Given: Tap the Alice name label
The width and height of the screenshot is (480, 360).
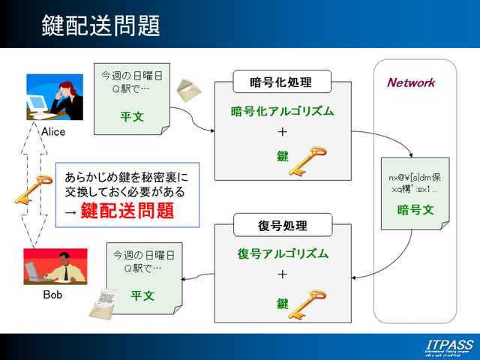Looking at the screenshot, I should [53, 132].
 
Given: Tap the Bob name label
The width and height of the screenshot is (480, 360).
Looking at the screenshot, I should [52, 295].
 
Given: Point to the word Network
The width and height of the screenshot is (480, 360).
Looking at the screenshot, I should [410, 82].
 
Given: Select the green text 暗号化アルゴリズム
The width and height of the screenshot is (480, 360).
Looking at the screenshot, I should [281, 110].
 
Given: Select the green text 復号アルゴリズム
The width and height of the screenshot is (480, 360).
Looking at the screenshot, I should [282, 253].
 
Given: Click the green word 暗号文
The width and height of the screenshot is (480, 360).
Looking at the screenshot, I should [416, 210].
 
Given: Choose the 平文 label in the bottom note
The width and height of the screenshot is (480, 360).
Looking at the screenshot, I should [142, 295].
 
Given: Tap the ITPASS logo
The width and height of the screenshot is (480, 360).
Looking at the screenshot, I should [448, 346].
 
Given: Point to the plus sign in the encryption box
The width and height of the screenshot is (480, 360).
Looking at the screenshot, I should [282, 132].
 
